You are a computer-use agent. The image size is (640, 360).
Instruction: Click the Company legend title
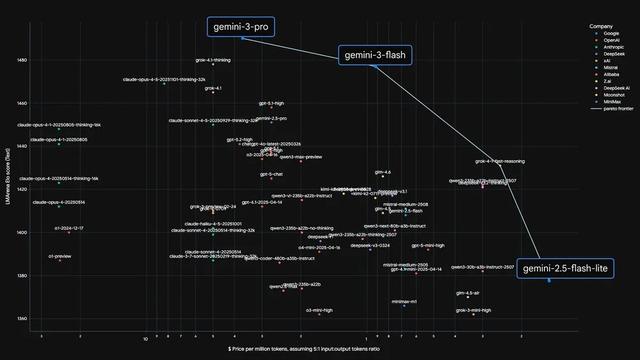[601, 24]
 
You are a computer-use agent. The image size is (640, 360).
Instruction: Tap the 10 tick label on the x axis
[145, 339]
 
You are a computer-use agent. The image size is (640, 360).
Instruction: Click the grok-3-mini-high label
[473, 310]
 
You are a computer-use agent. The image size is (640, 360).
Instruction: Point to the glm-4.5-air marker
[468, 297]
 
